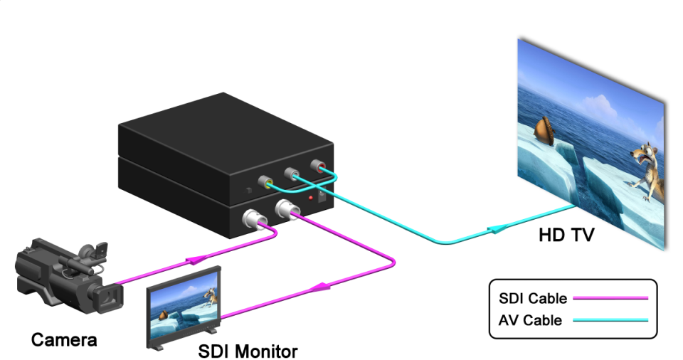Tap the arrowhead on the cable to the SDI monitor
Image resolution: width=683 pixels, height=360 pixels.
point(322,286)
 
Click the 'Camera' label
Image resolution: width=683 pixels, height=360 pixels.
point(64,339)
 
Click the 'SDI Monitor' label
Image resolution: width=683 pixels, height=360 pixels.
point(248,351)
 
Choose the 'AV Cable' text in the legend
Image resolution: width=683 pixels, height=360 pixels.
point(529,320)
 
